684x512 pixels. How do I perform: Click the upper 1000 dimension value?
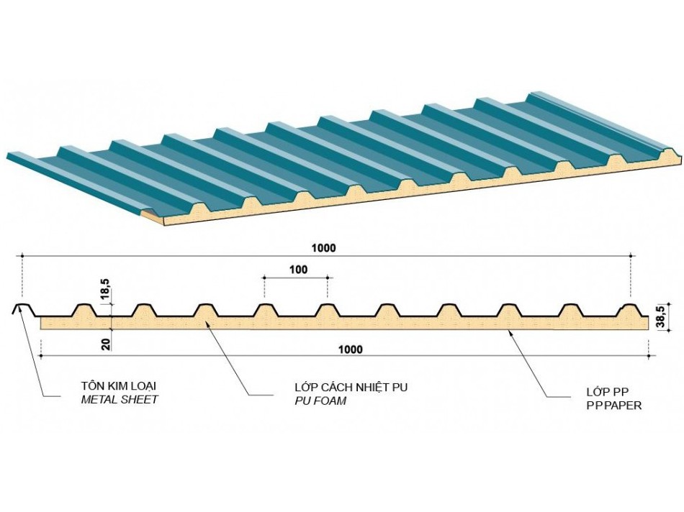(x=323, y=248)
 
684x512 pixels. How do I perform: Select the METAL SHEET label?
(x=119, y=399)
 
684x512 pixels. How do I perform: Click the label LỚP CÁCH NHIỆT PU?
(x=351, y=388)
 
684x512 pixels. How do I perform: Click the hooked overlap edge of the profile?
(x=19, y=310)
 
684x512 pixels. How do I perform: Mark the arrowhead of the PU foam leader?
(x=207, y=325)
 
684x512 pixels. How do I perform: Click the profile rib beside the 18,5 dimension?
(x=85, y=310)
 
